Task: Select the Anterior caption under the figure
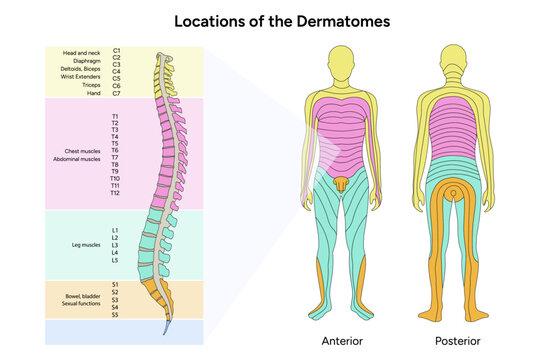pos(343,341)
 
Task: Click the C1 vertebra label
pos(117,50)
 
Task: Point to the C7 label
pos(117,93)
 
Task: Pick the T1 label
pos(116,117)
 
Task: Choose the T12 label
pos(116,193)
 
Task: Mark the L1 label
pos(116,230)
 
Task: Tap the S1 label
pos(116,284)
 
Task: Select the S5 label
pos(116,314)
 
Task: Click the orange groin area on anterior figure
pos(343,184)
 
